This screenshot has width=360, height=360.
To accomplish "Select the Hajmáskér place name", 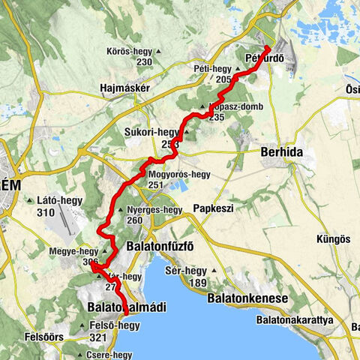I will (125, 87).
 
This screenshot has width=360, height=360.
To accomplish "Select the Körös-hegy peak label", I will (133, 51).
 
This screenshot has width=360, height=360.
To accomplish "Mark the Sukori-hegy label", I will (152, 133).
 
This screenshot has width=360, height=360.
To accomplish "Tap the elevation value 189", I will (197, 282).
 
